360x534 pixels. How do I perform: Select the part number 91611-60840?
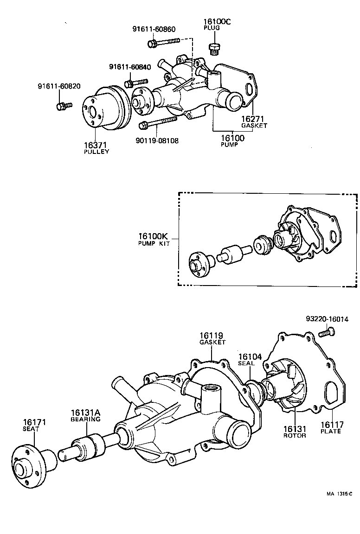pos(130,67)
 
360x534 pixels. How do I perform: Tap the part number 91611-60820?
pos(59,86)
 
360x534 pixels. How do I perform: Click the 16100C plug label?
pos(216,24)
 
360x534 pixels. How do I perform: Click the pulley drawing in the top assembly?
pos(103,112)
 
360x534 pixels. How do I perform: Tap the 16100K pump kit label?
pos(154,239)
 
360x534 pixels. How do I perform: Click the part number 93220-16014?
pos(327,319)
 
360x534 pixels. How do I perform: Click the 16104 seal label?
pos(250,360)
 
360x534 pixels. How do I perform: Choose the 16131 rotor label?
pos(295,432)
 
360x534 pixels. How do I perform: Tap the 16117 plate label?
pos(330,427)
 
